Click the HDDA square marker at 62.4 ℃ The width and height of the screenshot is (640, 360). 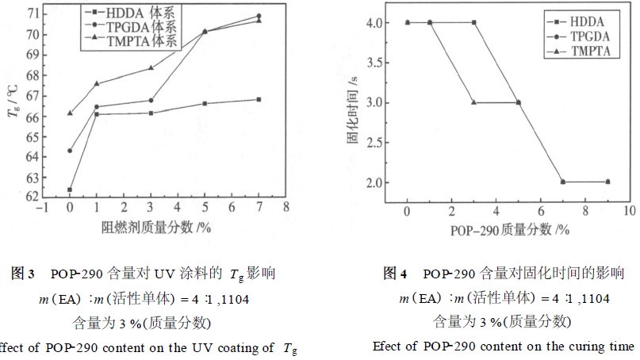point(70,190)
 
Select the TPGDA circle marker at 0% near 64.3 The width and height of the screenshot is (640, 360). point(70,151)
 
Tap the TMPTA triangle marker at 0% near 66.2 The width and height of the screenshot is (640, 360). point(70,113)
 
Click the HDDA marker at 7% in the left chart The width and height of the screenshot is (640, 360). point(259,99)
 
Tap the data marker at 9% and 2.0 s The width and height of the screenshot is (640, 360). point(607,182)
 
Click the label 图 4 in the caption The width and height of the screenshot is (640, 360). point(395,274)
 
